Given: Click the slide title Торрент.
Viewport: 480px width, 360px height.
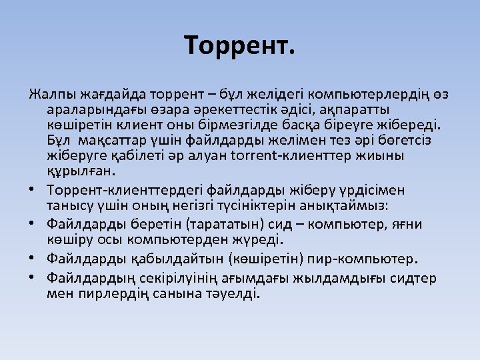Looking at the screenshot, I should click(x=239, y=46).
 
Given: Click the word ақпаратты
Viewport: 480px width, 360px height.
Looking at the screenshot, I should click(x=357, y=109).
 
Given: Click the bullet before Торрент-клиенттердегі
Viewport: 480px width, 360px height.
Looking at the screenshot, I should click(x=32, y=191).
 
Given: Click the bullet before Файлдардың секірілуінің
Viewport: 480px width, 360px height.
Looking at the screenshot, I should click(x=32, y=276).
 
